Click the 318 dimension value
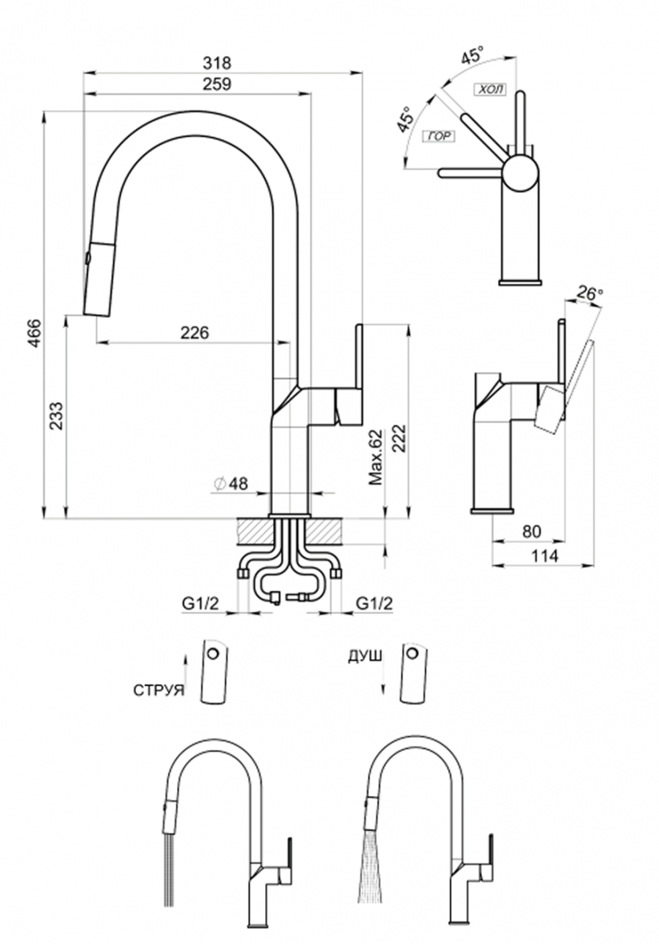[217, 63]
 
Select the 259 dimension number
[217, 84]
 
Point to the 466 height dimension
[35, 333]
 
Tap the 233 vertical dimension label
[56, 416]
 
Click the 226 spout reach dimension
[195, 333]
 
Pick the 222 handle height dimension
[399, 438]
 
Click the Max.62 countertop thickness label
[375, 457]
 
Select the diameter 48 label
[231, 483]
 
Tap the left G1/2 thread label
[201, 604]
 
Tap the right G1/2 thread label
[374, 604]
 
